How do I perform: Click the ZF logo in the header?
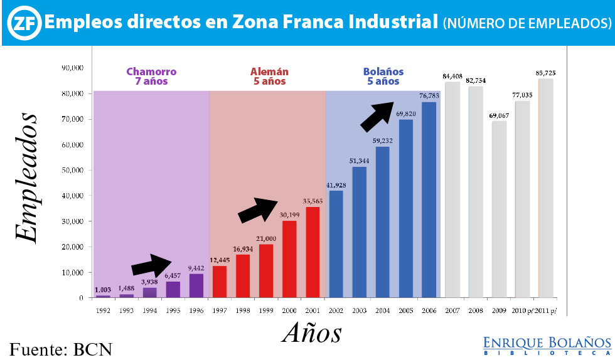[23, 23]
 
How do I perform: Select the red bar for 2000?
[289, 259]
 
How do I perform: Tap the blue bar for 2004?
[382, 222]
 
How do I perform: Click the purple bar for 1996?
[196, 285]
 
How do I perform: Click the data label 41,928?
[336, 184]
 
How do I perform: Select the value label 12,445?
[220, 260]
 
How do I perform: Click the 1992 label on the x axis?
[103, 310]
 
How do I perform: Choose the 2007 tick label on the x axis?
[452, 310]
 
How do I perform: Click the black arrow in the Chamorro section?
[151, 266]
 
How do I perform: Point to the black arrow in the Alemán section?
[258, 209]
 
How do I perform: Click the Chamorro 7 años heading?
[151, 76]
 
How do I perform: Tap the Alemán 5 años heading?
[269, 76]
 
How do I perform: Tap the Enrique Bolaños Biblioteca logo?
[547, 346]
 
